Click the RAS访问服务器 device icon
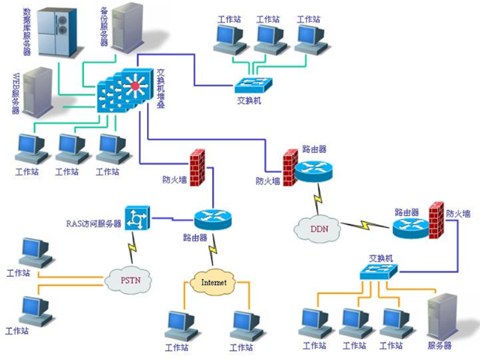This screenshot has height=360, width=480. pos(138,218)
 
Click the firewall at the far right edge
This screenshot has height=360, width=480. pos(436,220)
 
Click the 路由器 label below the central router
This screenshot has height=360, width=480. pos(194,238)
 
